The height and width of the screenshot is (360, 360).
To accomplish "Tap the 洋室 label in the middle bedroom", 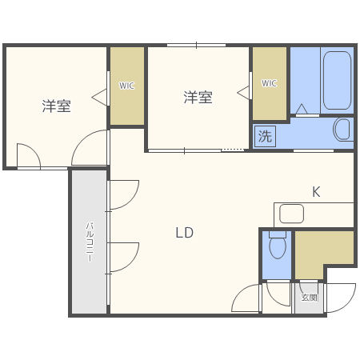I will [198, 98].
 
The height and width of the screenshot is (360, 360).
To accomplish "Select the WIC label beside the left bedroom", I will [126, 86].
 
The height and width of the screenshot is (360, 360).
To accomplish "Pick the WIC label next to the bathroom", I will [269, 83].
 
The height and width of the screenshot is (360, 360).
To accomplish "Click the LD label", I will [185, 233].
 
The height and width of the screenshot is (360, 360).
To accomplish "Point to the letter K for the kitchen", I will [316, 192].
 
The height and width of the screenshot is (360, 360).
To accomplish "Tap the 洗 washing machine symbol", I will [265, 136].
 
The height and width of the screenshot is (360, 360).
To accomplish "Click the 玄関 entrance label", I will [309, 297].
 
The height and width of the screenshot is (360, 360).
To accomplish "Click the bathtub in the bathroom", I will [337, 82].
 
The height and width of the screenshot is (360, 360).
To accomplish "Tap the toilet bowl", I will [278, 249].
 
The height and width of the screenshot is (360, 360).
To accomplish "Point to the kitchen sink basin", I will [291, 214].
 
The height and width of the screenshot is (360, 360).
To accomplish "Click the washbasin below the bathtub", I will [342, 129].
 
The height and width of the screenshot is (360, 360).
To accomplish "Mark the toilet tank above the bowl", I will [278, 234].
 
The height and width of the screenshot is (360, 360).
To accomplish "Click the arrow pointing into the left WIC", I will [100, 97].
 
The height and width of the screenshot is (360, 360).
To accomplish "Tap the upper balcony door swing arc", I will [125, 194].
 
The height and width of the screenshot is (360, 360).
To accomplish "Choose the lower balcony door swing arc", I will [125, 257].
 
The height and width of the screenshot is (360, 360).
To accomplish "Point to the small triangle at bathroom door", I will [302, 110].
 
